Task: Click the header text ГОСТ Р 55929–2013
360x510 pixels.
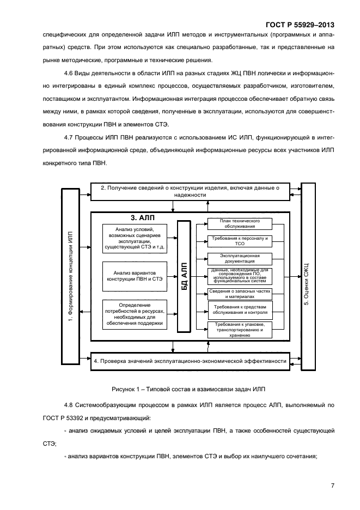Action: (x=300, y=25)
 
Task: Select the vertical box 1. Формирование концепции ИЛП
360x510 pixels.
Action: (x=70, y=277)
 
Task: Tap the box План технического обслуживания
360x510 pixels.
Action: (x=239, y=224)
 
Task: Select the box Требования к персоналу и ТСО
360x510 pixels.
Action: (x=239, y=241)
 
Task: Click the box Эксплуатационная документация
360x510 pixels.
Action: (x=239, y=258)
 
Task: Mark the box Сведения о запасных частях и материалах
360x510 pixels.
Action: (x=239, y=293)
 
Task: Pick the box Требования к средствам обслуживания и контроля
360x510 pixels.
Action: (x=239, y=309)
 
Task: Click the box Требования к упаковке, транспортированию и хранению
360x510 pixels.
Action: (x=239, y=330)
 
